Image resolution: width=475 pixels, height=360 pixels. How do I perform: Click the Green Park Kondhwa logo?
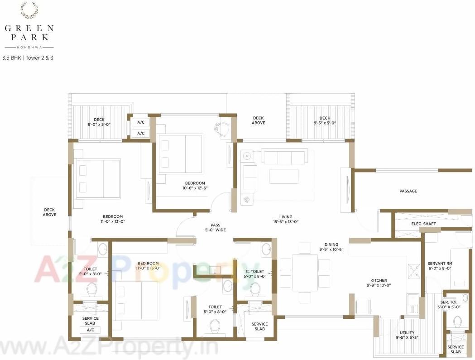pyautogui.click(x=29, y=27)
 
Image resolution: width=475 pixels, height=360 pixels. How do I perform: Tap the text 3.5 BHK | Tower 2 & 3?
pyautogui.click(x=27, y=58)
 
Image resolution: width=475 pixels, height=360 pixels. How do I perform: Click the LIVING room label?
pyautogui.click(x=286, y=217)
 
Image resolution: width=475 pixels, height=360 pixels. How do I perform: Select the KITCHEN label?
pyautogui.click(x=379, y=281)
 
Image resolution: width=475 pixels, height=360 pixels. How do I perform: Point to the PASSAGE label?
pyautogui.click(x=408, y=191)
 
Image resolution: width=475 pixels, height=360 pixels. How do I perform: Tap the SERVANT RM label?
pyautogui.click(x=439, y=264)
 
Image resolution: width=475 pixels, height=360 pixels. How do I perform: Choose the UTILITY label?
pyautogui.click(x=407, y=332)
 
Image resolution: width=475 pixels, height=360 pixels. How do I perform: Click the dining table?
pyautogui.click(x=305, y=272)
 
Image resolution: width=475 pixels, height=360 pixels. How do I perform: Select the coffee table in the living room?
pyautogui.click(x=283, y=176)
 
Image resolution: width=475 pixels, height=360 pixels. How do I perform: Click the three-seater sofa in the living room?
pyautogui.click(x=284, y=158)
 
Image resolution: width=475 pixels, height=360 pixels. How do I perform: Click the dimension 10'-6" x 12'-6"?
pyautogui.click(x=195, y=188)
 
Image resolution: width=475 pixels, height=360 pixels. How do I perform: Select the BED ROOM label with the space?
pyautogui.click(x=149, y=263)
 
